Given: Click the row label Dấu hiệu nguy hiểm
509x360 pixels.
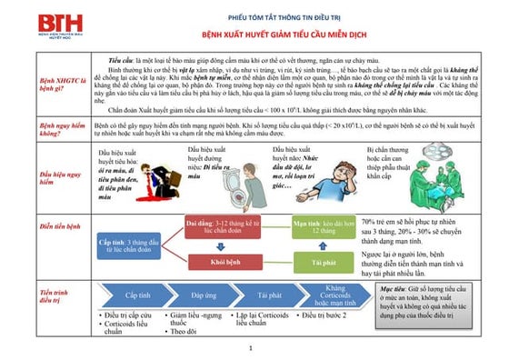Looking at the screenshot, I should tap(31, 176).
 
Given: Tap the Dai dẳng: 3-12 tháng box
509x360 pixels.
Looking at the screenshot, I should tap(224, 225).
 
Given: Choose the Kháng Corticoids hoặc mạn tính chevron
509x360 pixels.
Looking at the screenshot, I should tap(334, 295).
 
